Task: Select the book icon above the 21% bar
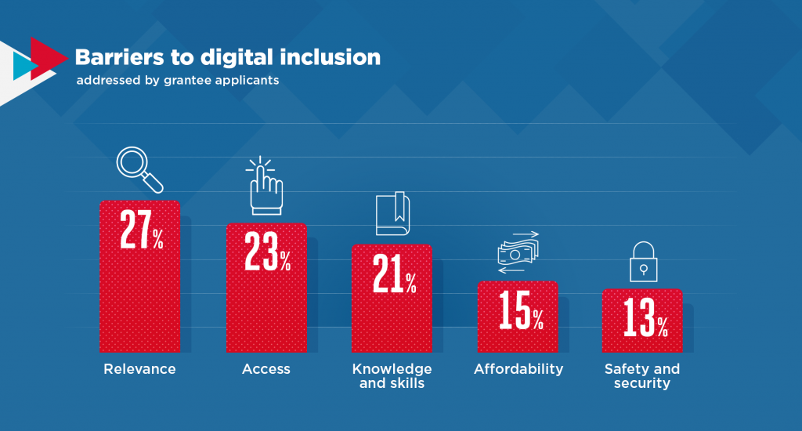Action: click(392, 213)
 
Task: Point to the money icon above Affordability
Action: click(518, 252)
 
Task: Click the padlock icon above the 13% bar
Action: click(643, 263)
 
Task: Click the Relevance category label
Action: click(139, 369)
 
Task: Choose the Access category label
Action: click(266, 369)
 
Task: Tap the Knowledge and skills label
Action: click(392, 376)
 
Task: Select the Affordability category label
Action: click(518, 369)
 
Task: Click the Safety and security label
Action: click(642, 376)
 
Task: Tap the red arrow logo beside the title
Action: click(47, 59)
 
